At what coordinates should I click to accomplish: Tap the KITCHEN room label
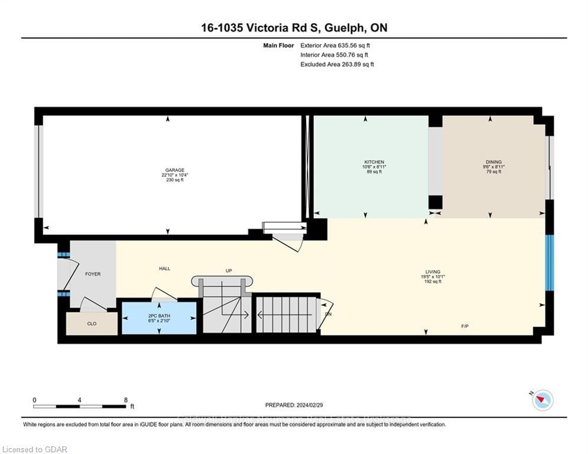point(374,162)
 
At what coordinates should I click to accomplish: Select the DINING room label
point(493,162)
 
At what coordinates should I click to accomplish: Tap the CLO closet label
point(92,323)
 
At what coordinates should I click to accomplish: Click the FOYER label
point(93,274)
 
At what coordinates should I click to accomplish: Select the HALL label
point(164,268)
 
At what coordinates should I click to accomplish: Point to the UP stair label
point(229,271)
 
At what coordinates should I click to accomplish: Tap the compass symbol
point(542,401)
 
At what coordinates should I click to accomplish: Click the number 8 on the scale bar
point(126,400)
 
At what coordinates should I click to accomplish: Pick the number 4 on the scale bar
point(80,400)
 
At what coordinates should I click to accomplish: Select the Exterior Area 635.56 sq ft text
point(336,45)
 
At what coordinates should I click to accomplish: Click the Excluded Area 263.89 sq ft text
point(337,64)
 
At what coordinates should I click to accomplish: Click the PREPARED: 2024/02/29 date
point(294,405)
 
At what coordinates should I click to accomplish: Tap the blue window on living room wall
point(549,263)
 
